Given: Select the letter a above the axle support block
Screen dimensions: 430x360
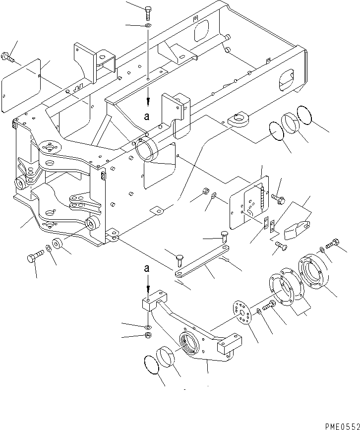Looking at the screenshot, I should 147,268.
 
